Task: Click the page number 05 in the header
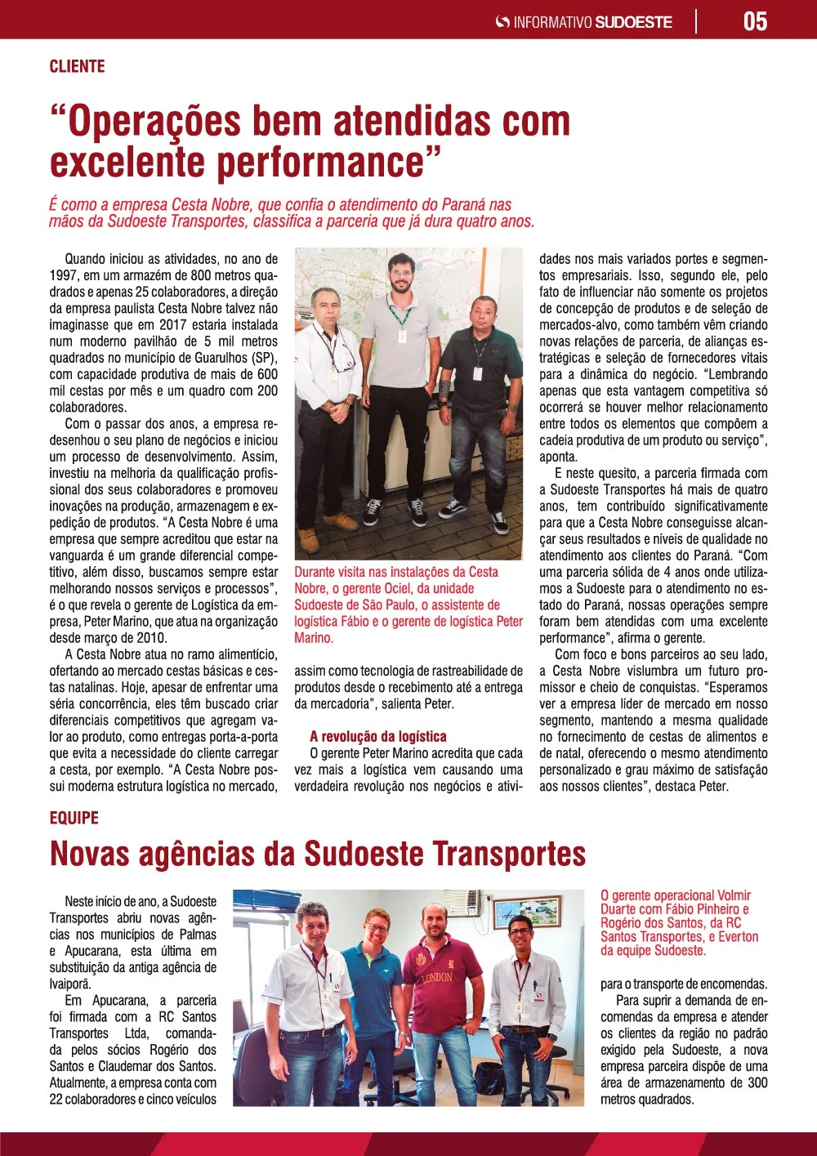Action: tap(755, 21)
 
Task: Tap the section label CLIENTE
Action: tap(77, 67)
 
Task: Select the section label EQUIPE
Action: tap(74, 818)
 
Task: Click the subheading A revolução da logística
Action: tap(378, 736)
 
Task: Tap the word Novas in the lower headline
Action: tap(89, 854)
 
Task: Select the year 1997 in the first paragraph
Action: tap(65, 275)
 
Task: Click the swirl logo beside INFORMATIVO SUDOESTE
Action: tap(502, 22)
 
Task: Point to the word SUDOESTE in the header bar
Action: tap(634, 22)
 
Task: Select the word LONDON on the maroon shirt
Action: tap(436, 977)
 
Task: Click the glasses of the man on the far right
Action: tap(520, 931)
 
